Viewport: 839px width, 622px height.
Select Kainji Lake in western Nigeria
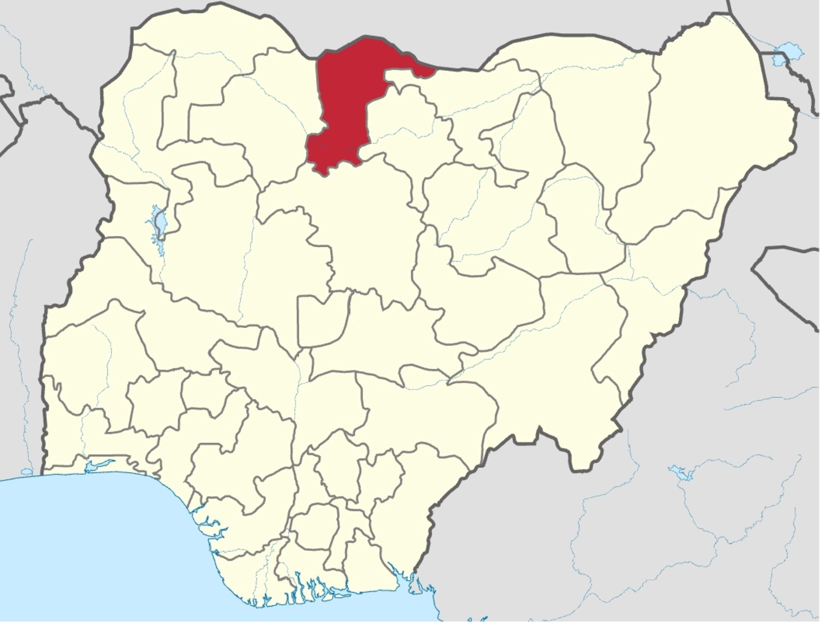tap(160, 222)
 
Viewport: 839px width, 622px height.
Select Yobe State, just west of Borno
tap(602, 113)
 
